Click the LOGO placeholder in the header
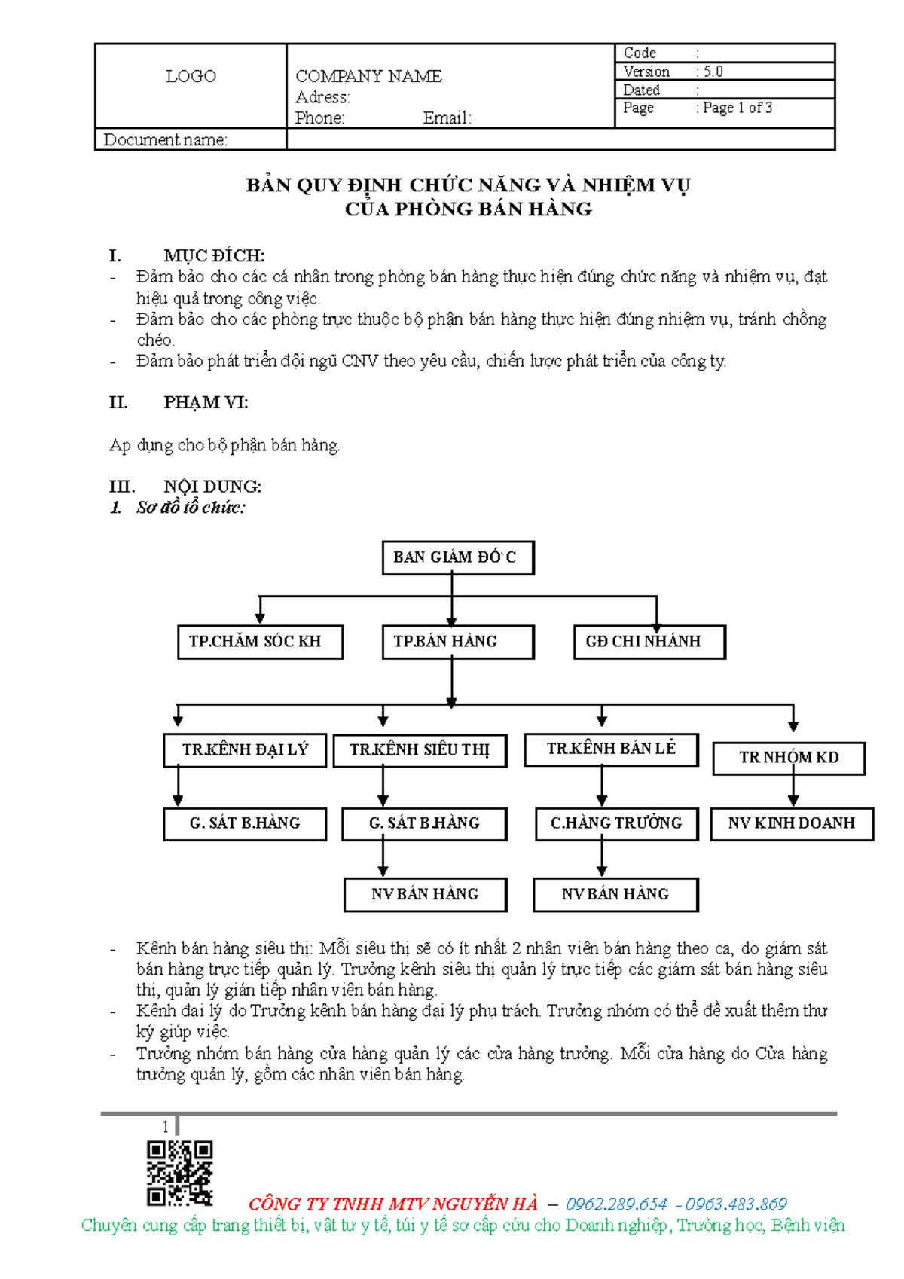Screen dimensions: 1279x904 coord(191,76)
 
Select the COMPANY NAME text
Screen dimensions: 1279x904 coord(368,76)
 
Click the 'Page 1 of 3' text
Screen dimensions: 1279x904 coord(738,108)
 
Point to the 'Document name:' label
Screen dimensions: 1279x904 coord(165,140)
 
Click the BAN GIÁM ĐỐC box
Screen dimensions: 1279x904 coord(457,557)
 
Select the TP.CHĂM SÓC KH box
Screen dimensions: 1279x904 coord(260,642)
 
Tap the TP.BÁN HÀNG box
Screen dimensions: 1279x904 coord(457,642)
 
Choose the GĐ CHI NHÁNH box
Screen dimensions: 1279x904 coord(649,642)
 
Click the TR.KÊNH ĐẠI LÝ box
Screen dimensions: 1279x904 coord(245,750)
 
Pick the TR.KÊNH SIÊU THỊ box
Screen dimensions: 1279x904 coord(420,750)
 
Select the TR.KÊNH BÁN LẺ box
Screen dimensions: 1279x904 coord(611,749)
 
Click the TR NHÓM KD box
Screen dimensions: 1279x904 coord(788,758)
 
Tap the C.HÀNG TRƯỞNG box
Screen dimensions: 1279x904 coord(616,823)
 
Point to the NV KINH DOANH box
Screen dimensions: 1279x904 coord(792,823)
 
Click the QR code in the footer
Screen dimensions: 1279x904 coord(180,1172)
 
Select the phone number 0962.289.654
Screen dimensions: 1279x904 coord(616,1204)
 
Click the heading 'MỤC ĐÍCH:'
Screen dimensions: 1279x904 coord(214,256)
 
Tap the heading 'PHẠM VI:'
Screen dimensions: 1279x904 coord(206,403)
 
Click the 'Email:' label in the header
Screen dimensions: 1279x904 coord(447,118)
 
